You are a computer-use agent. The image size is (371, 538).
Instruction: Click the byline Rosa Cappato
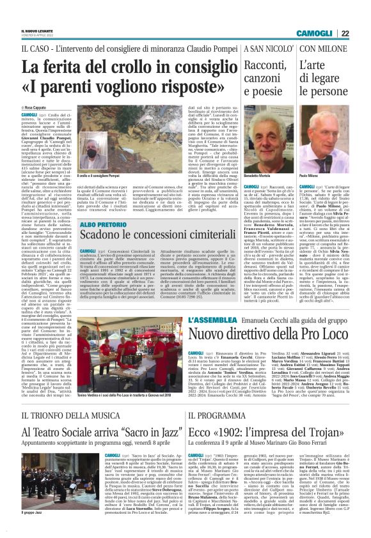coord(38,109)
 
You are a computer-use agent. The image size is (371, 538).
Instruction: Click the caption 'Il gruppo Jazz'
coord(33,530)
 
